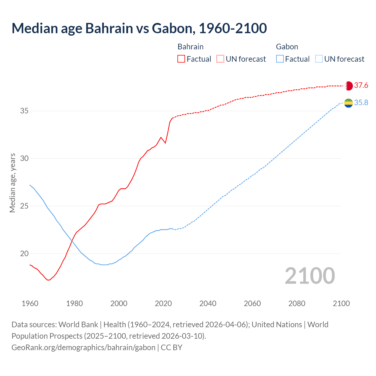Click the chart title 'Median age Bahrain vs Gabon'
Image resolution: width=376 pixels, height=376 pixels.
139,28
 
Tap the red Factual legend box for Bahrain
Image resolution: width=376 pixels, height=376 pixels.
181,59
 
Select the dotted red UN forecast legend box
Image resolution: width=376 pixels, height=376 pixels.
220,59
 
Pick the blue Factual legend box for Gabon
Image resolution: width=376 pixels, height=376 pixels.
280,59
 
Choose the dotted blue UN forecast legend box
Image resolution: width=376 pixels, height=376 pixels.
319,59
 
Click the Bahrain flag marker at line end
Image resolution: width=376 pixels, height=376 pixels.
348,86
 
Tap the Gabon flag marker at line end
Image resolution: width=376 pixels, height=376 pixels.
348,103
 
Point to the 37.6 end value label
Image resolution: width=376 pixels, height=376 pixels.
361,85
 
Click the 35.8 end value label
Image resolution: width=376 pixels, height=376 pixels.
361,103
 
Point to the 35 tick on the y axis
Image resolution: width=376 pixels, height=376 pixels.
24,111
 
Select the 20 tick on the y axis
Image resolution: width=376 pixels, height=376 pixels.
24,254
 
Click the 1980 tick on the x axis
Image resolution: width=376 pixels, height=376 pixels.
74,303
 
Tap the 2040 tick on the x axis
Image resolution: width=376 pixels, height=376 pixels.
208,303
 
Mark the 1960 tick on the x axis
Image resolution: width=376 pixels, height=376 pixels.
30,303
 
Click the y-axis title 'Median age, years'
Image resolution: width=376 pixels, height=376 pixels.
12,183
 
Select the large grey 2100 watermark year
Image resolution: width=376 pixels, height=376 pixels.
310,276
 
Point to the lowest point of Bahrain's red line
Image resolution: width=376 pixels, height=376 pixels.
48,280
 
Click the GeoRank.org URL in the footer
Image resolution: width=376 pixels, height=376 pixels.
83,348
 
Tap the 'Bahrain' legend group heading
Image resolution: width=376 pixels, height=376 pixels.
190,47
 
